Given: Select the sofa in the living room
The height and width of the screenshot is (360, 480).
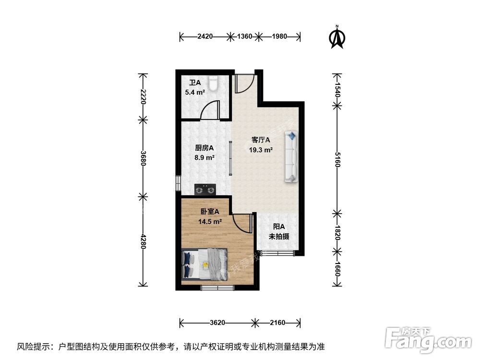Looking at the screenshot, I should (291, 156).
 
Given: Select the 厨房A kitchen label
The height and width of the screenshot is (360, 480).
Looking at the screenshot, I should (204, 148).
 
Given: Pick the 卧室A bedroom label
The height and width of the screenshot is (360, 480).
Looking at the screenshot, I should (210, 211).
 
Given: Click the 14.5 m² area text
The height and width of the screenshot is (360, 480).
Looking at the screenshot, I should (210, 221).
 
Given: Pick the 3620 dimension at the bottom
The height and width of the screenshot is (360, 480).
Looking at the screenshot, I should (217, 323).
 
